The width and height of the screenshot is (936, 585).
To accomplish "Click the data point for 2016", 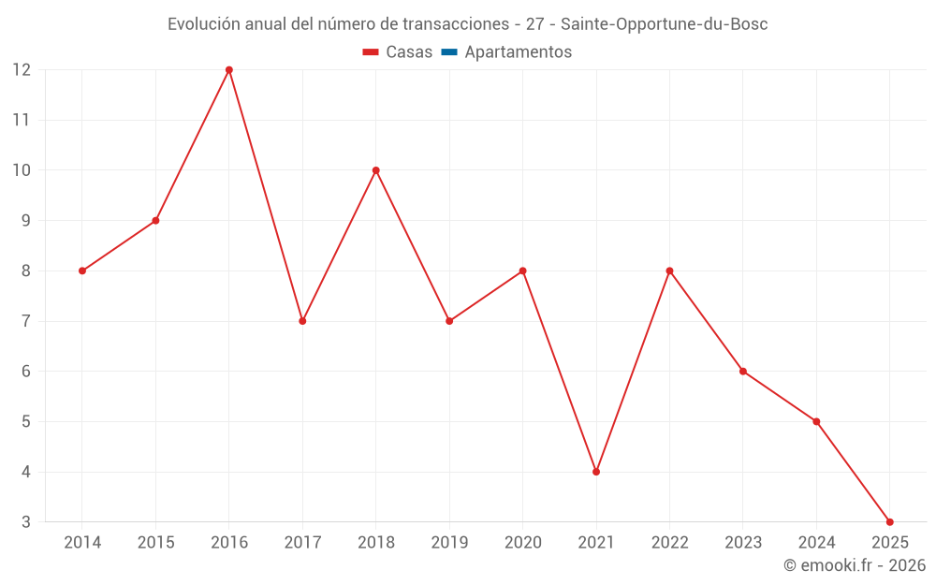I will tap(229, 70).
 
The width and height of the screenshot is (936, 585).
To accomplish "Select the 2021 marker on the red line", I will tap(596, 472).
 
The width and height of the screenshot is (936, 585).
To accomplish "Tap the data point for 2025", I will tap(889, 522).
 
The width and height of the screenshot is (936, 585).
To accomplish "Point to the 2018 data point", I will tap(376, 170).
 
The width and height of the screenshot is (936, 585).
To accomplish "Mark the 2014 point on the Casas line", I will tap(82, 271).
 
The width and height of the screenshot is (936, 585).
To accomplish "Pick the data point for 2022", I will tap(669, 271).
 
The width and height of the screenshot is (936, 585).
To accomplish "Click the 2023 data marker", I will tap(743, 372).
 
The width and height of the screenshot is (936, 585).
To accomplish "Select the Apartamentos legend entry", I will tap(518, 52).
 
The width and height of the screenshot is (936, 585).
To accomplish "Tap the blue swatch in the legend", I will tap(448, 52).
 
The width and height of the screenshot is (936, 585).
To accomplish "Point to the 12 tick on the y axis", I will tap(22, 70).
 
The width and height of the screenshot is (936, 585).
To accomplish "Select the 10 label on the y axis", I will tap(22, 170).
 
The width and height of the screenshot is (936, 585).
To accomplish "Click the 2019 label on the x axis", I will tap(449, 543).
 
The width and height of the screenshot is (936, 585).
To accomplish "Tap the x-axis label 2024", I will tap(816, 543).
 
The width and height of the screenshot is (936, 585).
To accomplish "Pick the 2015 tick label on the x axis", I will tap(155, 543).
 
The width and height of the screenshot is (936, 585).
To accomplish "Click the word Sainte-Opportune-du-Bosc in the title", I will tap(664, 24).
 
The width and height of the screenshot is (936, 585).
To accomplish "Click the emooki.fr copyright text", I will tap(855, 565).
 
